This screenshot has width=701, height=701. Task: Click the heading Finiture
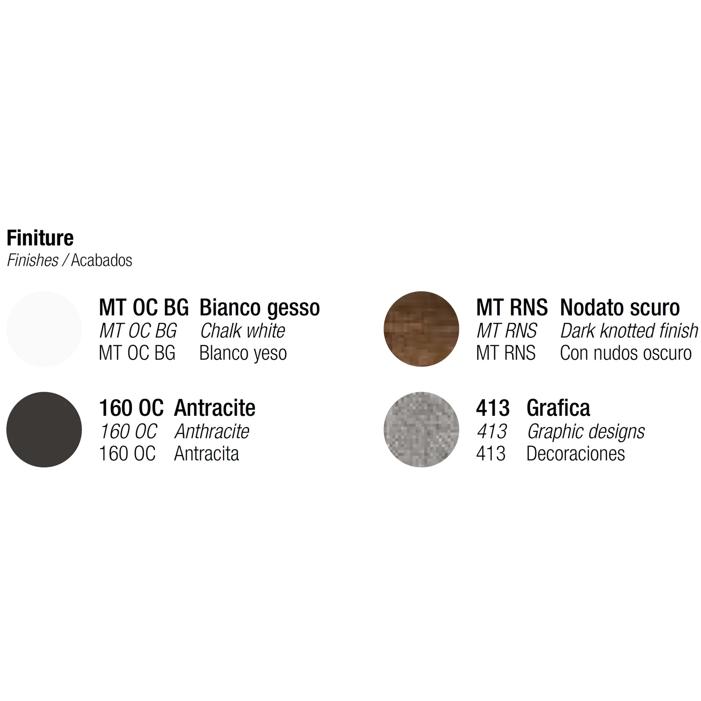click(x=40, y=238)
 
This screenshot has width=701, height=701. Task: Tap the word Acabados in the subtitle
click(x=102, y=260)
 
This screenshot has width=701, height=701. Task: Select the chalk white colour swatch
click(x=44, y=329)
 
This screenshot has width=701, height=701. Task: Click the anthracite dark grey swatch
click(x=44, y=429)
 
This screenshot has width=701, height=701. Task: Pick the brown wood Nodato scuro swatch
click(x=421, y=329)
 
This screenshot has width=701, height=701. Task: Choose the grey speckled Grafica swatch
click(x=421, y=429)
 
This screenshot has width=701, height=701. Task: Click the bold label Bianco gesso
click(x=260, y=308)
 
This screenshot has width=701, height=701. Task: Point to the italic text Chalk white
click(x=243, y=331)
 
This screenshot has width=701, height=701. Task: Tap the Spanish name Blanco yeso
click(x=243, y=353)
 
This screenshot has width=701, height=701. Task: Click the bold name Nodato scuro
click(x=620, y=308)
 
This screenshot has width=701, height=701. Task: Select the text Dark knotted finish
click(x=629, y=331)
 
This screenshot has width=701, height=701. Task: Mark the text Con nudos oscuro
click(x=626, y=353)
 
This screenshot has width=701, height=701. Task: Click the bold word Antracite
click(x=215, y=408)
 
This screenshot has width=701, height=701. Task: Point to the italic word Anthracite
click(x=212, y=432)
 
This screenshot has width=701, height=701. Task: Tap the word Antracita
click(x=207, y=454)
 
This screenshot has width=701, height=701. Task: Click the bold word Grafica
click(x=558, y=408)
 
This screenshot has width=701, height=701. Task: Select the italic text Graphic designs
click(x=586, y=432)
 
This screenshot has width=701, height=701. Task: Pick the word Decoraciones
click(x=576, y=454)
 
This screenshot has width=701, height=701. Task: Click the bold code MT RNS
click(x=512, y=308)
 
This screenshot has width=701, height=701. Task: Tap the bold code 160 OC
click(x=131, y=408)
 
